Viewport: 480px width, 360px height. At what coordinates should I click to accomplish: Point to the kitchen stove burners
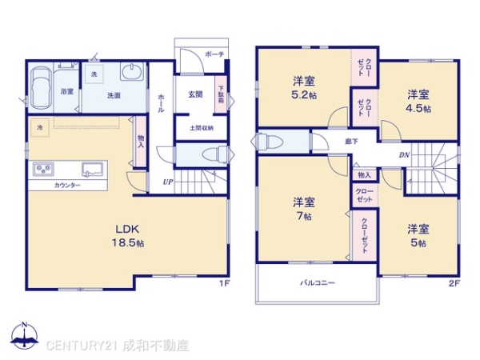pos(42,169)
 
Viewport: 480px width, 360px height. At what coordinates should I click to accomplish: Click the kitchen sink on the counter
pos(90,169)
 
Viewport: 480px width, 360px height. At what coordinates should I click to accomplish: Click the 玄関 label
pos(195,94)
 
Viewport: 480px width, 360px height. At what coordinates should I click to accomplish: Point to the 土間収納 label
pos(200,127)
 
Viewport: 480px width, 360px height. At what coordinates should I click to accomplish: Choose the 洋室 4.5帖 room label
pos(418,100)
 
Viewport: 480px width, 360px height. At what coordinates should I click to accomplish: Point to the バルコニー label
pos(318,283)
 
